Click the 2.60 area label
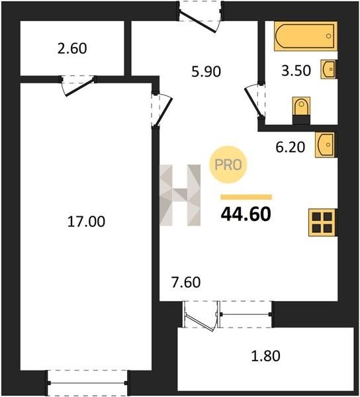tap(72, 48)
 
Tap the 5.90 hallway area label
tap(206, 71)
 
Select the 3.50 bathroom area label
tap(296, 70)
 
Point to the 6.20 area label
tap(290, 147)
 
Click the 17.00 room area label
tap(86, 221)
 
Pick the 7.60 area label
tap(186, 283)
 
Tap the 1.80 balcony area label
tap(265, 356)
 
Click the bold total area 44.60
tap(246, 214)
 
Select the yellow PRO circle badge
tap(228, 165)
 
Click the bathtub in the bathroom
tap(306, 36)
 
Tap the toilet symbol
tap(301, 110)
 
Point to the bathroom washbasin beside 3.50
tap(329, 69)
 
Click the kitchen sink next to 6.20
tap(326, 145)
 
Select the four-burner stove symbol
tap(322, 222)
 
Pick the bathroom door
tap(254, 101)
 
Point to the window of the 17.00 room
tap(87, 382)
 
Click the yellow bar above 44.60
tap(246, 197)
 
